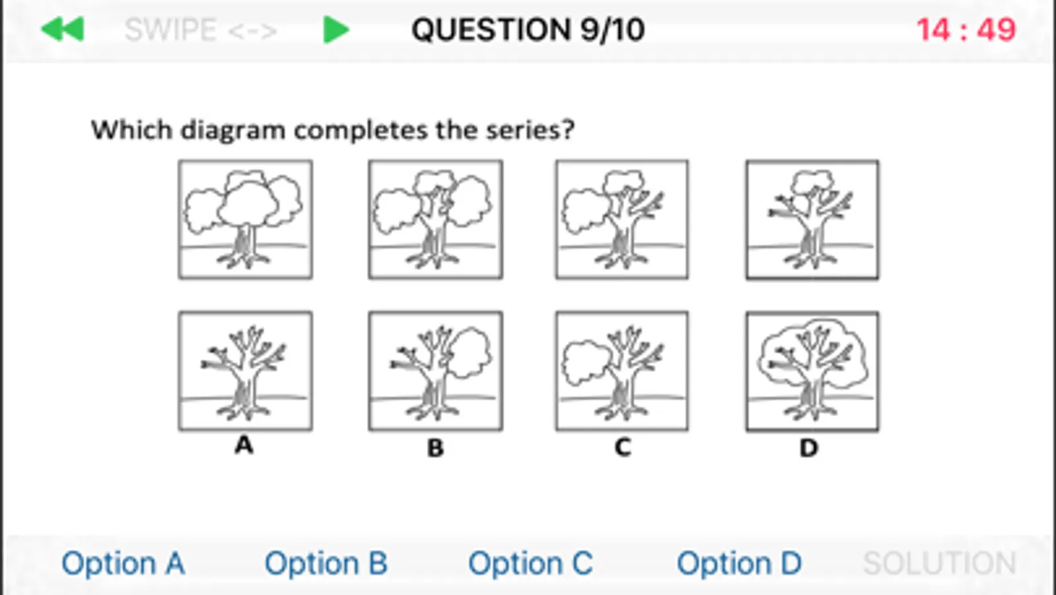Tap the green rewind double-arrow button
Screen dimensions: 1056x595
click(63, 29)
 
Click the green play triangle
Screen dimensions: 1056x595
click(336, 29)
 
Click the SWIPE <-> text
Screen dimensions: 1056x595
click(200, 30)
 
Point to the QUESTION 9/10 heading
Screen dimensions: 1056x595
click(528, 30)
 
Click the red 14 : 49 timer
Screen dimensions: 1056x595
click(966, 30)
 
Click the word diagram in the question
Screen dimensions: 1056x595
click(233, 130)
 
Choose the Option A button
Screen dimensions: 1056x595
click(123, 563)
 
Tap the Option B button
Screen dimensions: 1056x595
click(326, 563)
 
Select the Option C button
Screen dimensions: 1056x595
click(530, 563)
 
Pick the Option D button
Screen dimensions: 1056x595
click(739, 563)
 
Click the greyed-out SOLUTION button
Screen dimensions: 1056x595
click(940, 563)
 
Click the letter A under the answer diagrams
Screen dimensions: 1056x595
click(244, 445)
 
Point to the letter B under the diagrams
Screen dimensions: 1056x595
click(435, 448)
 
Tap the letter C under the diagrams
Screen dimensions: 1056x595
click(623, 448)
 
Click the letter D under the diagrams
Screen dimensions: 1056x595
click(809, 448)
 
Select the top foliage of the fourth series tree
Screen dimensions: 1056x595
click(812, 182)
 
